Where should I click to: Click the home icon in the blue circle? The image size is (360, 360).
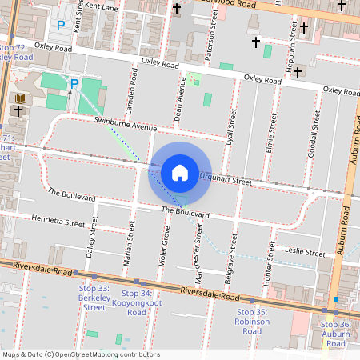180,172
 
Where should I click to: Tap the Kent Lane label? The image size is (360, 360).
101,6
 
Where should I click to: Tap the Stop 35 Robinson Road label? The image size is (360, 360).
252,322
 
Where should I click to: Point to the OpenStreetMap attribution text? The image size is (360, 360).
81,354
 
